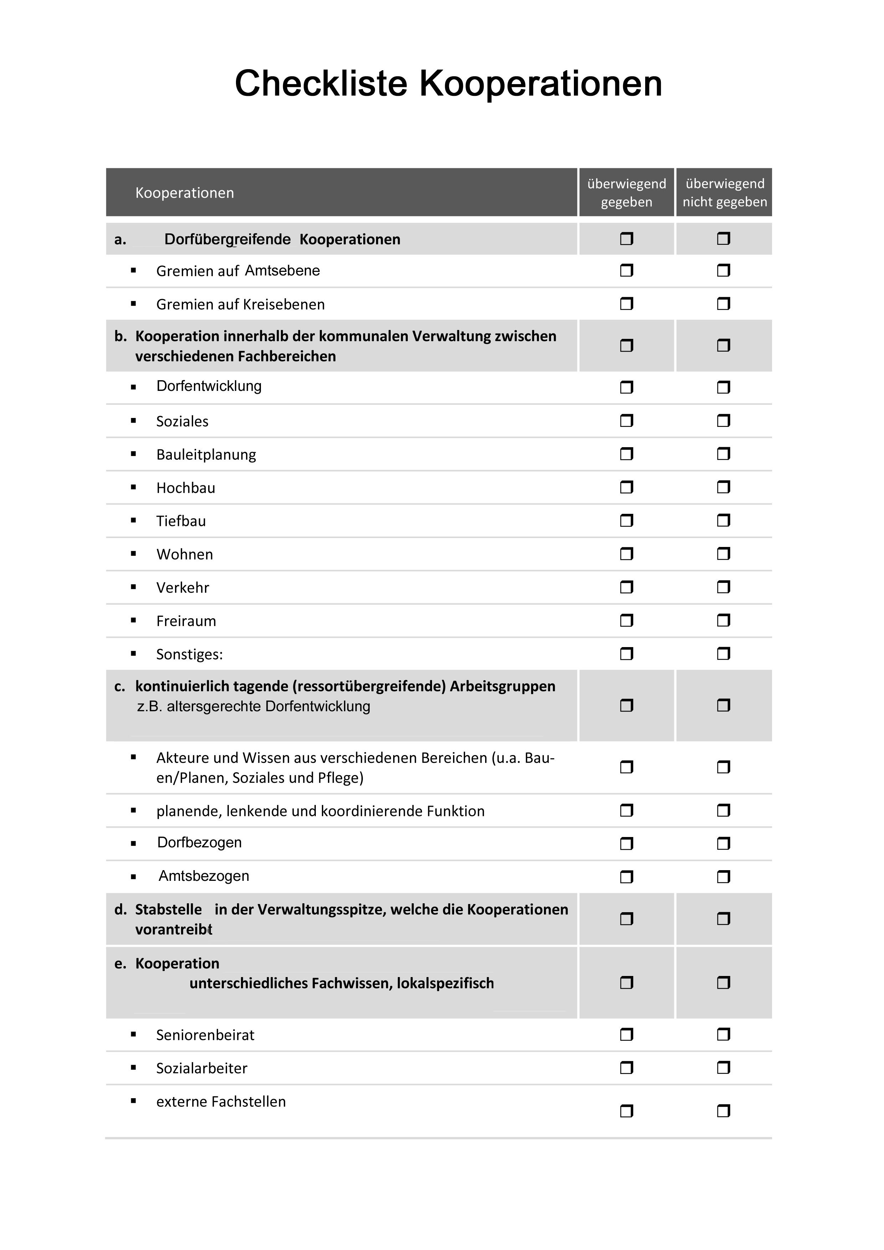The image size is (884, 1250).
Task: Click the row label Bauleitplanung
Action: pyautogui.click(x=206, y=455)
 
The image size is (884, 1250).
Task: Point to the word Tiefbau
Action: pyautogui.click(x=181, y=521)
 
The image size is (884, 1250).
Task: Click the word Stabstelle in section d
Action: pyautogui.click(x=168, y=910)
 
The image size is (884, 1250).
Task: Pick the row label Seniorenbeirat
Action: pyautogui.click(x=205, y=1035)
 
